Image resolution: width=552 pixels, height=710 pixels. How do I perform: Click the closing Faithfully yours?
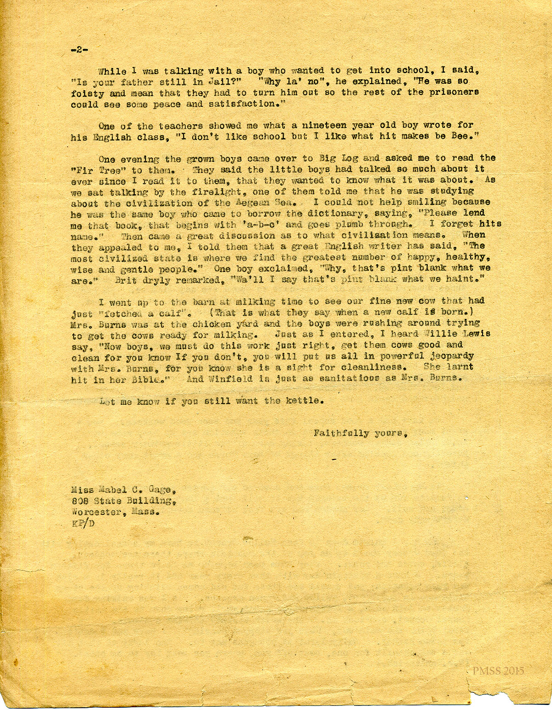coord(360,433)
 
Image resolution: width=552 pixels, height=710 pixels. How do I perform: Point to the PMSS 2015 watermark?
coord(498,670)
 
